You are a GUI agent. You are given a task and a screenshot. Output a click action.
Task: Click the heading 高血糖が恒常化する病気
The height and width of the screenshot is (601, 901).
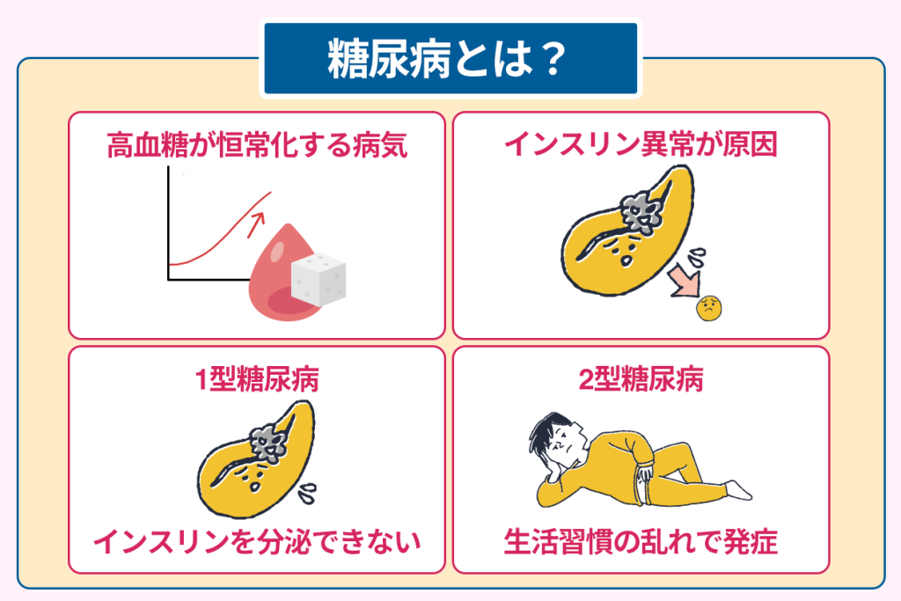tap(256, 144)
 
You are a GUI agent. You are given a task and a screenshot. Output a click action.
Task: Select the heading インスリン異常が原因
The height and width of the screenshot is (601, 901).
tap(641, 144)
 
